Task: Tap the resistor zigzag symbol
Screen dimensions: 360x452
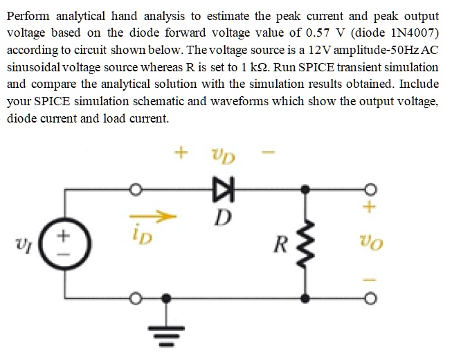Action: click(305, 243)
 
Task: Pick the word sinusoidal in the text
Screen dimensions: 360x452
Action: click(35, 67)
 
